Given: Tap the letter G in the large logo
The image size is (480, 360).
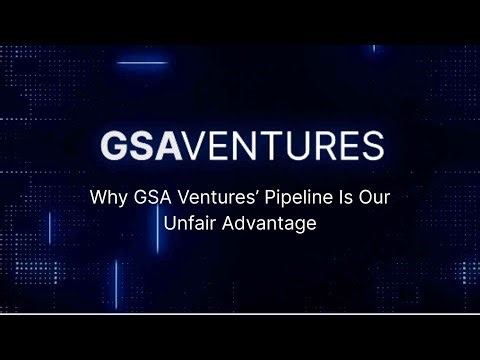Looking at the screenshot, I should (x=114, y=146).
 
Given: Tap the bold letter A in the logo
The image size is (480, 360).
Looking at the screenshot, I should (x=169, y=146).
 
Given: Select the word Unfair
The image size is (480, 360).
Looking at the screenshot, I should (x=190, y=223).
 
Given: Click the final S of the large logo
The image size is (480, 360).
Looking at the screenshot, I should (x=369, y=146).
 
